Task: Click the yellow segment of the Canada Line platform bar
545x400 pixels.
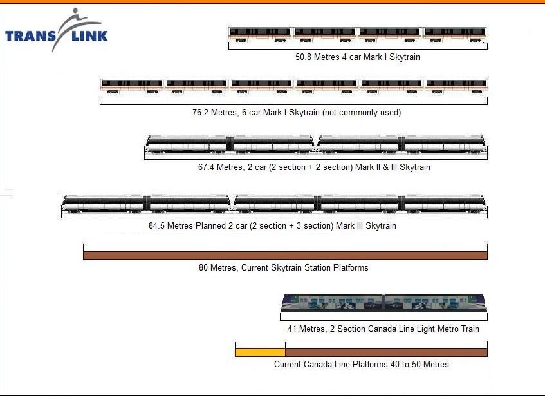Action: (x=260, y=352)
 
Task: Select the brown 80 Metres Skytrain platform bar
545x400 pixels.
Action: (x=285, y=255)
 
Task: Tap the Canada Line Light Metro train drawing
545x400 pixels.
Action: (x=383, y=303)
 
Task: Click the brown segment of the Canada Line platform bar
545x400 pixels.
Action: (x=385, y=352)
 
